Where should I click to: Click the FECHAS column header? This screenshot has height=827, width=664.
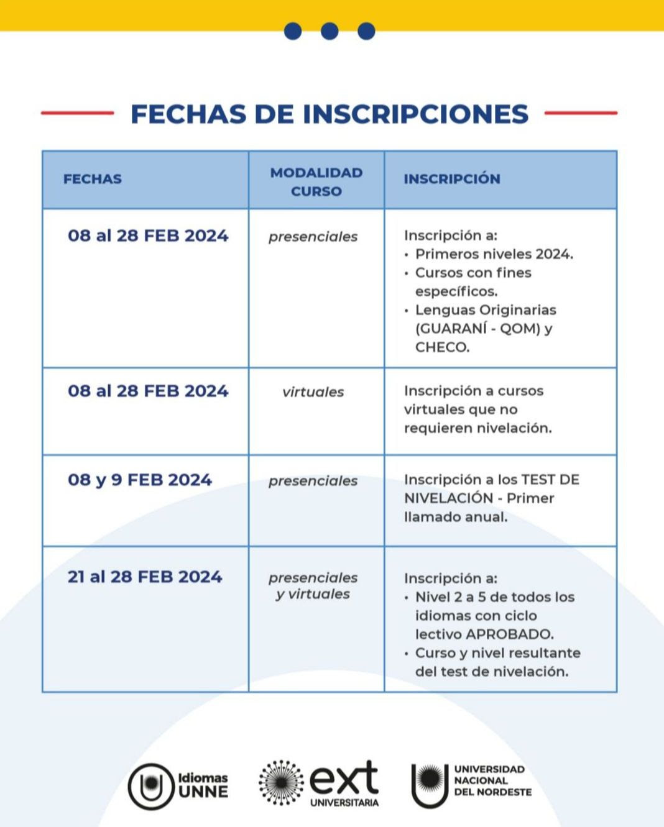(92, 179)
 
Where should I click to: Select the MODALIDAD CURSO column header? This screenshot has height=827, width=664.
(316, 181)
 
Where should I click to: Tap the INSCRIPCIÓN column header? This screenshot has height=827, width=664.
(451, 179)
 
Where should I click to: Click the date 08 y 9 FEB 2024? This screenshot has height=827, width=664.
(140, 480)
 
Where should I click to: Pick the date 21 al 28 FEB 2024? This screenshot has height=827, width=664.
(145, 577)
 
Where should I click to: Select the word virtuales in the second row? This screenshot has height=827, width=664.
(313, 392)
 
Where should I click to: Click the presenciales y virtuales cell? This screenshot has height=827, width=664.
(313, 586)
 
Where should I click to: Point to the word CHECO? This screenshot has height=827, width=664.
(442, 347)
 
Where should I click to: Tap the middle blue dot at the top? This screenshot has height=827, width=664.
(330, 31)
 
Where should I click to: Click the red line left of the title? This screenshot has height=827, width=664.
(77, 113)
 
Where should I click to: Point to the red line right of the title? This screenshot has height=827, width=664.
(581, 113)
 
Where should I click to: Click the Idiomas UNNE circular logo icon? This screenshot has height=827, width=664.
(150, 786)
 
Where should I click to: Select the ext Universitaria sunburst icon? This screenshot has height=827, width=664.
(281, 782)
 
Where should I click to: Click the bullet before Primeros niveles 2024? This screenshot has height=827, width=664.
(407, 255)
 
